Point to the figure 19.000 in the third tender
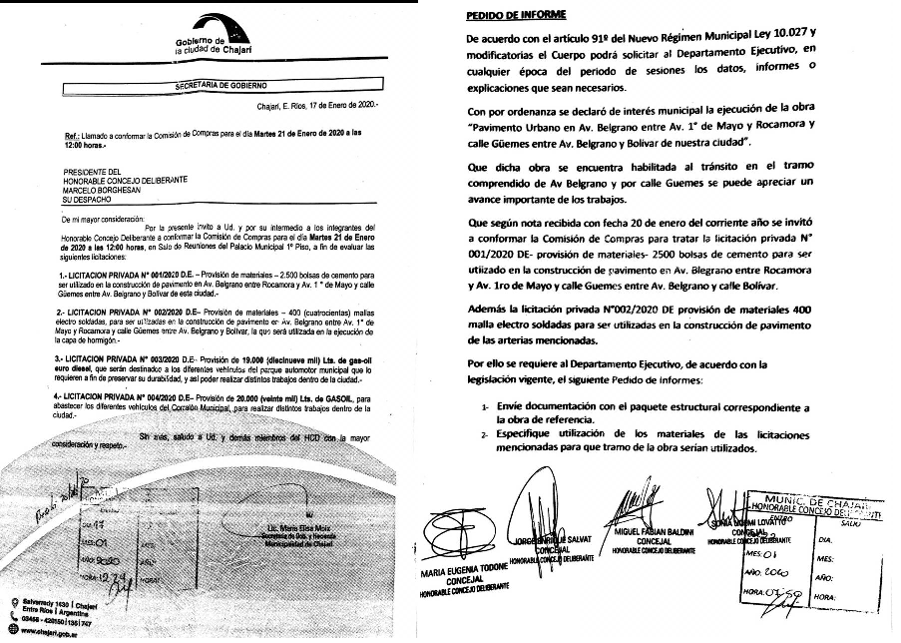pyautogui.click(x=256, y=356)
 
